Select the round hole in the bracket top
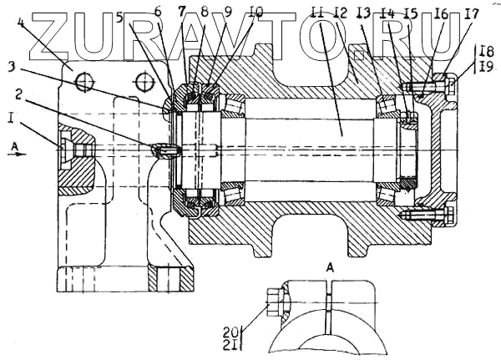pos(81,82)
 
